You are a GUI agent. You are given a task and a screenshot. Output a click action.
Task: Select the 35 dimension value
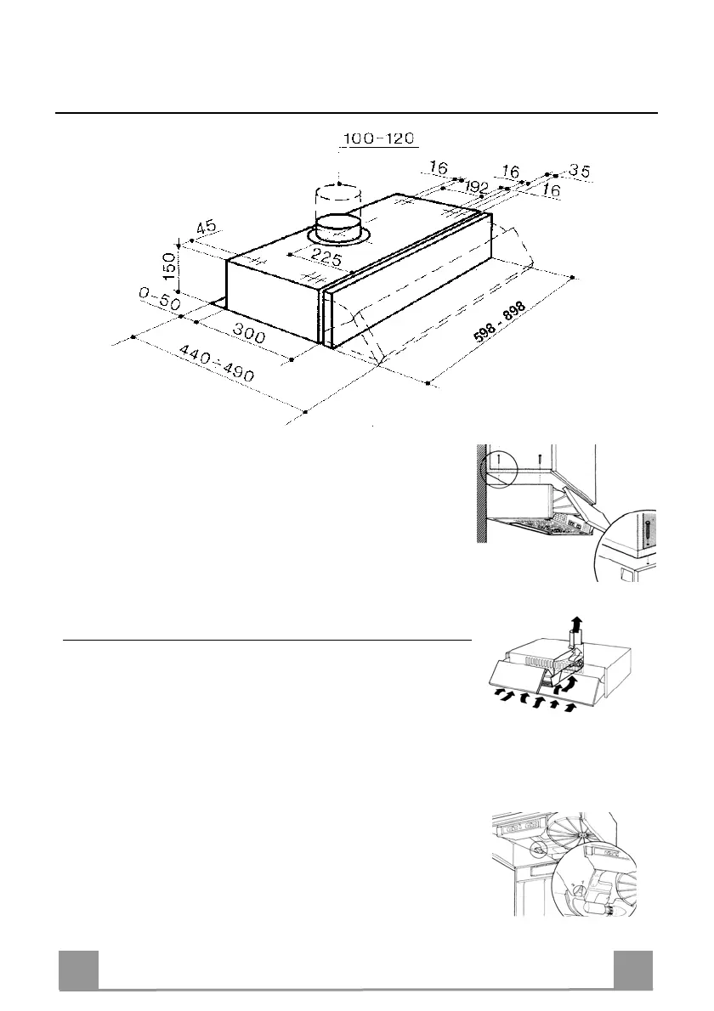pyautogui.click(x=579, y=171)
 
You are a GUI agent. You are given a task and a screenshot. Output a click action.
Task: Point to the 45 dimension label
pyautogui.click(x=205, y=229)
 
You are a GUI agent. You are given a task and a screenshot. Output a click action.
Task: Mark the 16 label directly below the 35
pyautogui.click(x=551, y=192)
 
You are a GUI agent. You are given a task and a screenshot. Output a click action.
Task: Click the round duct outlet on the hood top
pyautogui.click(x=338, y=227)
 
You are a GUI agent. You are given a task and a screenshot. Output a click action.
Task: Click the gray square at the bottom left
pyautogui.click(x=78, y=969)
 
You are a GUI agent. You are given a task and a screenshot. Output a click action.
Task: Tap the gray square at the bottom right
pyautogui.click(x=633, y=969)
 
